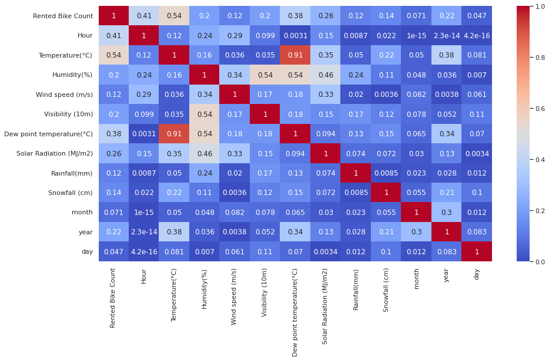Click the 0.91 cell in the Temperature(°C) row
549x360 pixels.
(295, 55)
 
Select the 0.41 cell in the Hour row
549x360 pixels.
(113, 35)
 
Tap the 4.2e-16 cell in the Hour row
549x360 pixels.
(477, 35)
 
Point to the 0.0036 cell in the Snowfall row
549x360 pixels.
(235, 193)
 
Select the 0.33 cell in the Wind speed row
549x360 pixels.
(326, 95)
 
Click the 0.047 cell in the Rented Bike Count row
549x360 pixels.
(477, 16)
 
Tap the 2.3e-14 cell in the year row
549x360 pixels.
(144, 232)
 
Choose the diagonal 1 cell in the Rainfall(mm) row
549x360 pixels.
(356, 173)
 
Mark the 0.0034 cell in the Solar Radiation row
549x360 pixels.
(477, 153)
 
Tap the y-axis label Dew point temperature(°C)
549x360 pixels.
(48, 134)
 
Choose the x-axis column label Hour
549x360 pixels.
(144, 276)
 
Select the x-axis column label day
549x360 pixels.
(477, 274)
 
